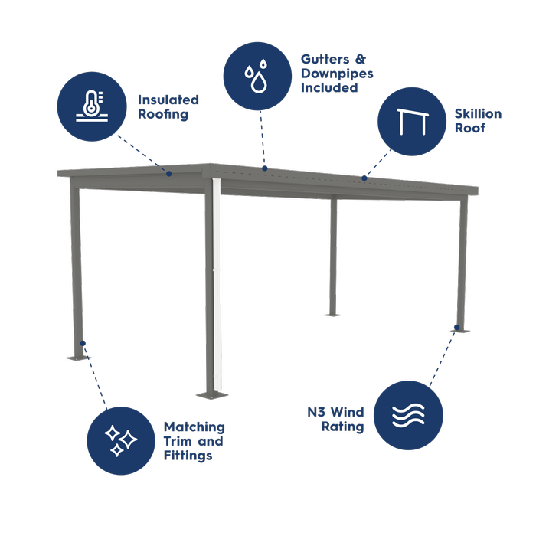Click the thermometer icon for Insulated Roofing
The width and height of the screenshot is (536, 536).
pos(92,106)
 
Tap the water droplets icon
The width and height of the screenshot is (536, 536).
pos(257,76)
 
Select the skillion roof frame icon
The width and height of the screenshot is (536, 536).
pos(412,122)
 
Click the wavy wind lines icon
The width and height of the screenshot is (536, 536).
pos(408,415)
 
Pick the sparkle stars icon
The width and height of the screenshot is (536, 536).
pos(121,440)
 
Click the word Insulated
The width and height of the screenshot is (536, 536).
pos(168,100)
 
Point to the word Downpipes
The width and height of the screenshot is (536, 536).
pos(337,74)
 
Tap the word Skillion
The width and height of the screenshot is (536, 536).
pos(478,113)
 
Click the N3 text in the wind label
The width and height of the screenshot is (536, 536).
pos(315,412)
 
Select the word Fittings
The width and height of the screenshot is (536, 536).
pos(188,456)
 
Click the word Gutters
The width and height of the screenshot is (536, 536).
pos(325,59)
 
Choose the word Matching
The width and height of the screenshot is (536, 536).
pos(194,427)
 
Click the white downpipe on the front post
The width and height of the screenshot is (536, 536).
pos(217,284)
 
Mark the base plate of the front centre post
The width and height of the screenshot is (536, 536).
pos(212,396)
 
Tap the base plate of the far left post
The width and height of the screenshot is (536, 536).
pos(78,358)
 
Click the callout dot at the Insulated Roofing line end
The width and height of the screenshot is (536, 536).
pos(169,174)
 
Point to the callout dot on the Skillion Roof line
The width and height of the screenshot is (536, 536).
pos(364,178)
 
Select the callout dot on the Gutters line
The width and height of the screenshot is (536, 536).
pos(265,168)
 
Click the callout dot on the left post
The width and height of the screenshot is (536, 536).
pos(83,343)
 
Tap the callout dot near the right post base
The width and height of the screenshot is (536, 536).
pos(456,327)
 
